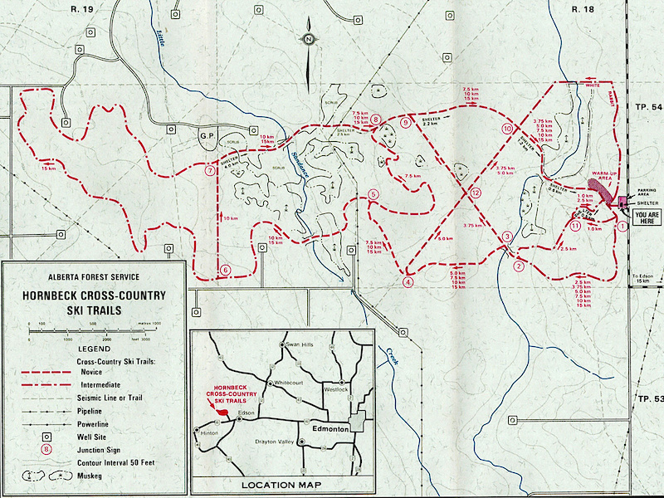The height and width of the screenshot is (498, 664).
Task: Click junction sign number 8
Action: tap(376, 120)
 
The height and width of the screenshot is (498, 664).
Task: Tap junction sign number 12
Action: tap(475, 193)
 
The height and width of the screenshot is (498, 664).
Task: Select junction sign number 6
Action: tap(224, 270)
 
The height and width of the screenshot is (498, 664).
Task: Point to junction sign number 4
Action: tap(408, 281)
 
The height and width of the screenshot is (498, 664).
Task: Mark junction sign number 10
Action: tap(507, 129)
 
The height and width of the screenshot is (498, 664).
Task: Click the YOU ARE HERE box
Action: tap(644, 217)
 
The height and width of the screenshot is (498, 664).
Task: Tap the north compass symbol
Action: tap(308, 40)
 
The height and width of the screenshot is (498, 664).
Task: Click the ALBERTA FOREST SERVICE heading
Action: tap(93, 277)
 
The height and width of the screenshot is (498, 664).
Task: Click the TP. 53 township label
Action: tap(648, 399)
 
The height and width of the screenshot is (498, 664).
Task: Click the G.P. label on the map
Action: tap(207, 134)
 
